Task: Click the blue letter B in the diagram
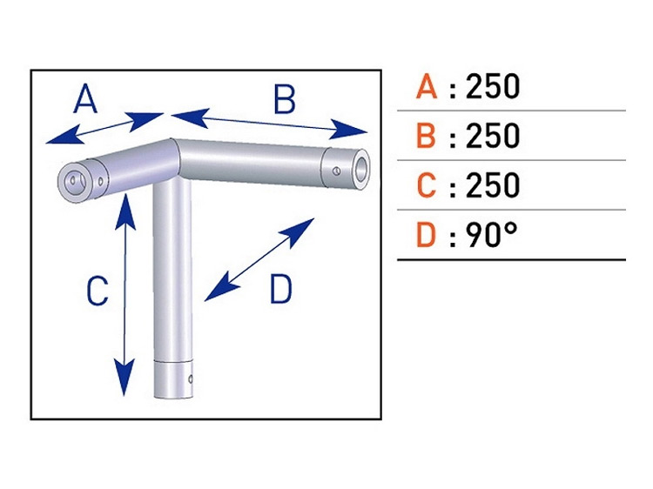click(285, 101)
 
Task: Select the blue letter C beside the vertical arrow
click(98, 291)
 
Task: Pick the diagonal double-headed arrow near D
click(259, 259)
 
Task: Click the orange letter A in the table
click(426, 87)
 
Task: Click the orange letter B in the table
click(426, 137)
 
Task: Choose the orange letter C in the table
click(426, 185)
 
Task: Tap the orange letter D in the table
click(426, 235)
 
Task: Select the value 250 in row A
click(493, 87)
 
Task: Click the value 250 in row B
click(493, 137)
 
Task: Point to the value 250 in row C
click(493, 185)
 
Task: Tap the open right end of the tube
click(360, 164)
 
